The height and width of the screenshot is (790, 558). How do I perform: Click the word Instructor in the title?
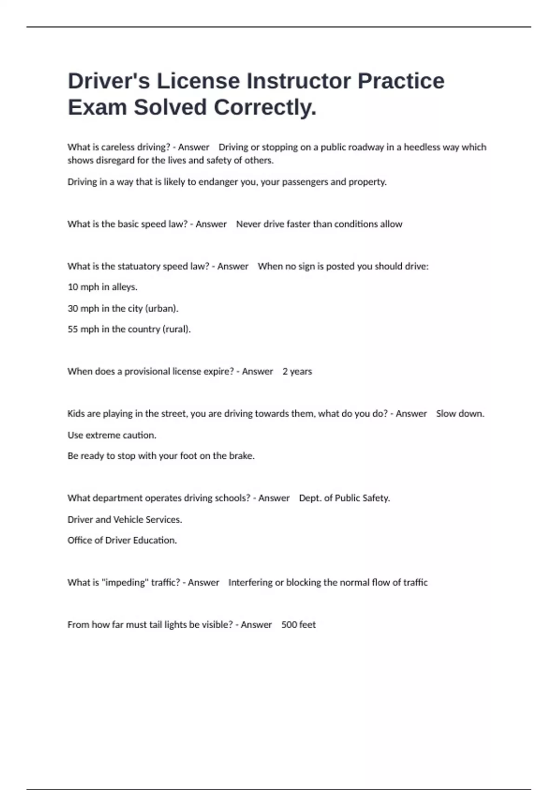coord(298,81)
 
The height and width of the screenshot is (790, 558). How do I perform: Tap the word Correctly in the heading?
coord(265,107)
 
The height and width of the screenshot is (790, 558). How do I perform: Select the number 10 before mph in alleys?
coord(73,287)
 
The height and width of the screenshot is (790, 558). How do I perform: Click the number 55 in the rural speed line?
coord(73,329)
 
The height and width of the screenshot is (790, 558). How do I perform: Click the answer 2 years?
coord(297,372)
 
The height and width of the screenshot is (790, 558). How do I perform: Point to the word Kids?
coord(76,414)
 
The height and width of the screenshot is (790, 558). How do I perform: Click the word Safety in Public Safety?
coord(376,498)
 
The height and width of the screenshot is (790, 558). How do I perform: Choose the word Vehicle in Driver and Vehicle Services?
coord(129,520)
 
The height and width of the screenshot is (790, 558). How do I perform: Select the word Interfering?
coord(250,583)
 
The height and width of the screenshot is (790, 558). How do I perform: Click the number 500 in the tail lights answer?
coord(289,625)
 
